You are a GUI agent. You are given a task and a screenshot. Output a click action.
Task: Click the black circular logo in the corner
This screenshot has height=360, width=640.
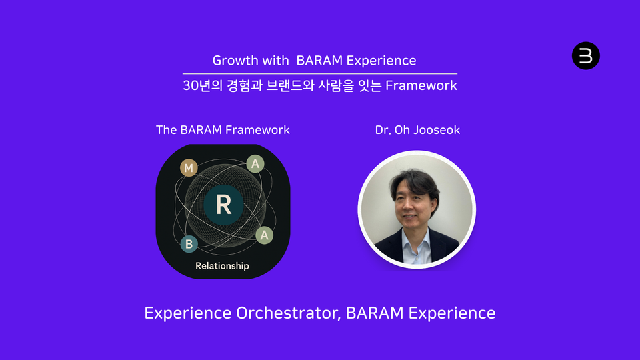[x=586, y=56]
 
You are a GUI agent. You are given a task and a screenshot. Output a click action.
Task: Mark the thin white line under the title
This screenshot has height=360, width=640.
[x=320, y=73]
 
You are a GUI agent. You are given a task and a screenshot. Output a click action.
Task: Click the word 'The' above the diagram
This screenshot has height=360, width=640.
[x=166, y=129]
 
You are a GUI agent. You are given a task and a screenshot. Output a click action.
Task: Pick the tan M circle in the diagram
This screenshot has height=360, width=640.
[x=189, y=168]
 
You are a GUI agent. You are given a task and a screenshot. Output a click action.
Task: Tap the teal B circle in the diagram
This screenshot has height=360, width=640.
[x=189, y=244]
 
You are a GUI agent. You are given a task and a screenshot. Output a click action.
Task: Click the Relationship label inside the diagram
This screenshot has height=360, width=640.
[x=222, y=266]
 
